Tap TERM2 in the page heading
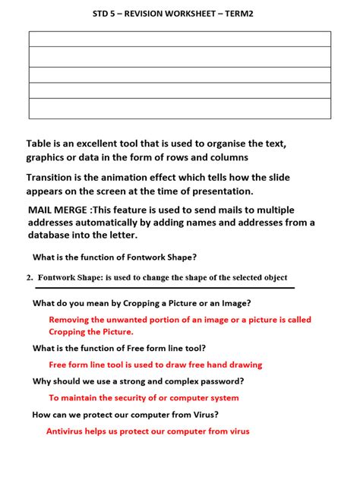252,14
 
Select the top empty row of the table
180,39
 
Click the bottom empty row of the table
180,109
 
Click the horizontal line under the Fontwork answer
159,289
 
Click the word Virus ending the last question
204,415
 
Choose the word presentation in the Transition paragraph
219,191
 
